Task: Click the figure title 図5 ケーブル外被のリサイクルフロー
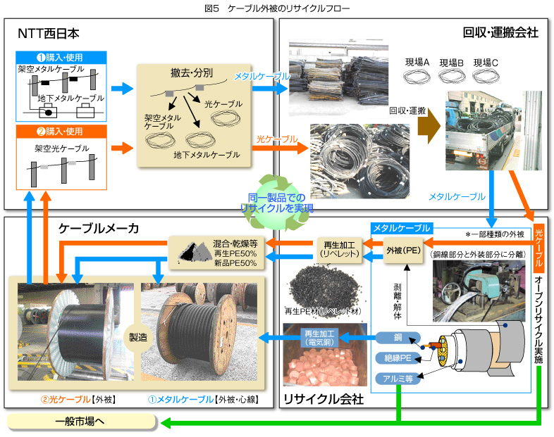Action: click(x=276, y=8)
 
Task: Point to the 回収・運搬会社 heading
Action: click(x=500, y=32)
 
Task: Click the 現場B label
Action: click(x=450, y=62)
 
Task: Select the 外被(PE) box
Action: click(x=402, y=250)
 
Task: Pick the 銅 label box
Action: click(x=398, y=338)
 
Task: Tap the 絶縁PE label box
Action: click(x=398, y=357)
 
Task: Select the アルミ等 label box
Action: click(x=398, y=378)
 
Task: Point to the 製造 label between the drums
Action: click(x=133, y=337)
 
